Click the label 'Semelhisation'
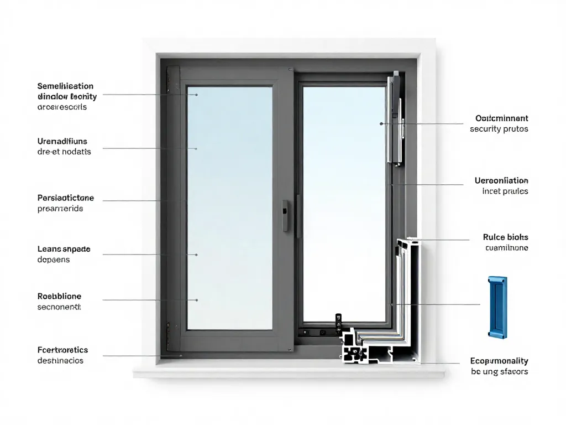[65, 86]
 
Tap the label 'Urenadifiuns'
[62, 141]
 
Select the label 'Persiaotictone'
[65, 198]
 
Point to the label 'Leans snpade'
[64, 249]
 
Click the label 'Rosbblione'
[59, 297]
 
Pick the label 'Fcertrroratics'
[62, 350]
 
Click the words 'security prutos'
[499, 129]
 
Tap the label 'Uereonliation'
[501, 180]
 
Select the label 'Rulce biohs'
[505, 237]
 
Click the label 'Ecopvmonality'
[499, 361]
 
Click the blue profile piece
[497, 307]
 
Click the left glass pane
[229, 208]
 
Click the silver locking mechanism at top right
[396, 119]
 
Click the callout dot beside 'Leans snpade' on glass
[196, 255]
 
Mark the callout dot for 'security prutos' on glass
[381, 124]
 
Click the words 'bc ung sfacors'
[499, 372]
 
